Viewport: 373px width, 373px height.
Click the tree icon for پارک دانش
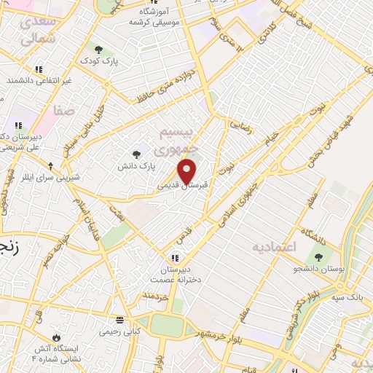point(136,153)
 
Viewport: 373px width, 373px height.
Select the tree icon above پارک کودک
point(98,50)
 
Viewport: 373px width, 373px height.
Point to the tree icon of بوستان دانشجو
point(318,256)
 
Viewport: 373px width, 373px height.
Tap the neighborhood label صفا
point(63,111)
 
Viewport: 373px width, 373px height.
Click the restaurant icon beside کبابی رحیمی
point(120,321)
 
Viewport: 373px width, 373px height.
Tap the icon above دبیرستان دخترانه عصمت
point(175,256)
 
